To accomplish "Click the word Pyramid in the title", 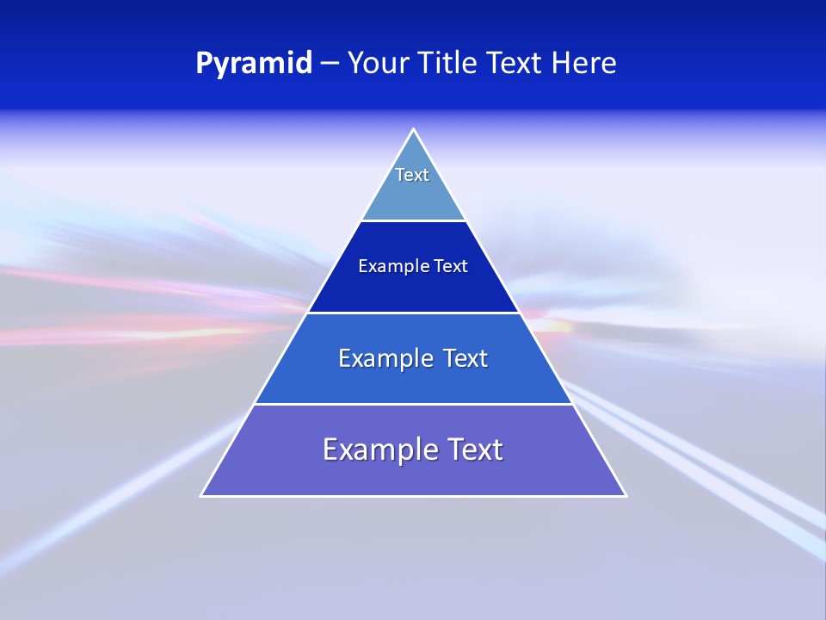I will point(254,64).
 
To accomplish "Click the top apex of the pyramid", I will point(414,130).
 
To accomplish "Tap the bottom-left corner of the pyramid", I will point(202,495).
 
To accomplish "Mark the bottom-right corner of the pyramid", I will point(625,495).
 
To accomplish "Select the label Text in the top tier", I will point(412,175).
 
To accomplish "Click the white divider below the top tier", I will point(413,221).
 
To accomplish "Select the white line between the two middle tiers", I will point(413,313).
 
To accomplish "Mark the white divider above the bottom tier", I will point(413,404).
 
